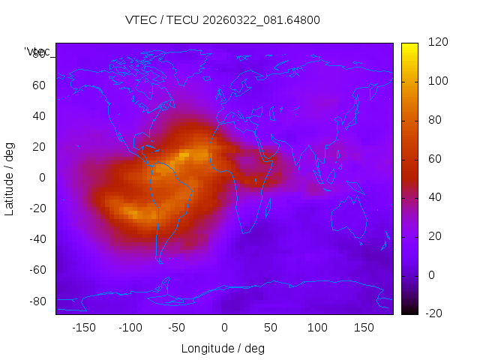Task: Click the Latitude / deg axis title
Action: click(10, 178)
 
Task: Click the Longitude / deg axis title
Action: click(223, 349)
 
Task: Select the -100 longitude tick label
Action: click(130, 328)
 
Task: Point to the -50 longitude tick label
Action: click(176, 328)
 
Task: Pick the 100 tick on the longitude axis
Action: click(317, 328)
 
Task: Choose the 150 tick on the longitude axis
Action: click(364, 328)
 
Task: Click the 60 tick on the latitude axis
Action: click(38, 85)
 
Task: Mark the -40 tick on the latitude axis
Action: click(35, 239)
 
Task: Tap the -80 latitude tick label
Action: click(35, 301)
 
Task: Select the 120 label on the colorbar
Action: click(437, 43)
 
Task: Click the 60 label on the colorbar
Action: click(434, 159)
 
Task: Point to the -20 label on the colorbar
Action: click(434, 313)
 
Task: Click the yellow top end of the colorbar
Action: click(409, 46)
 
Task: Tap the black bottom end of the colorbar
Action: click(409, 310)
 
